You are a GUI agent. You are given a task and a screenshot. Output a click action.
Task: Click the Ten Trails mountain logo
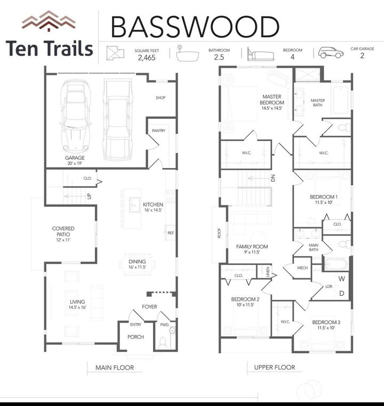pyautogui.click(x=49, y=21)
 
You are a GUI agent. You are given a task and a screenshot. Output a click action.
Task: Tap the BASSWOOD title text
pyautogui.click(x=195, y=27)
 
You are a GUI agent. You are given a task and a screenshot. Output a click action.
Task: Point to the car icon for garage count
pyautogui.click(x=331, y=52)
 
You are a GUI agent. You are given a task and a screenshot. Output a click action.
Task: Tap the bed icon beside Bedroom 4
pyautogui.click(x=259, y=53)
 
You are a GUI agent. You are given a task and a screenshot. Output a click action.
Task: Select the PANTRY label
pyautogui.click(x=158, y=131)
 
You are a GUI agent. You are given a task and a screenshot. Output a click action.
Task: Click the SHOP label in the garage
pyautogui.click(x=161, y=98)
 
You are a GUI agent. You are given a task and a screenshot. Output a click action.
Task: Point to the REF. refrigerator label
pyautogui.click(x=171, y=233)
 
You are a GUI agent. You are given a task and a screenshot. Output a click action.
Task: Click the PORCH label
pyautogui.click(x=135, y=337)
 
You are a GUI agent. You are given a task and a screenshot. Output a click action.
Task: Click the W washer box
pyautogui.click(x=342, y=279)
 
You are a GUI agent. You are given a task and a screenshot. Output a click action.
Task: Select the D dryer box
pyautogui.click(x=342, y=293)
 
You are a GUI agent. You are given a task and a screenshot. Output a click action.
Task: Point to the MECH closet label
pyautogui.click(x=302, y=268)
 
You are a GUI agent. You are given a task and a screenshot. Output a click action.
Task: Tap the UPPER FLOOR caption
pyautogui.click(x=274, y=367)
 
